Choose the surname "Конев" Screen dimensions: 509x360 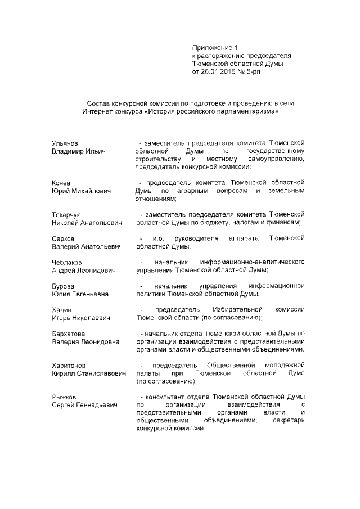(x=61, y=183)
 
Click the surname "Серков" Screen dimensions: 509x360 (x=62, y=238)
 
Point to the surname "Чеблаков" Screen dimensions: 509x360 (x=66, y=262)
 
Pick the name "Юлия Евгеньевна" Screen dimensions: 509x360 (x=80, y=294)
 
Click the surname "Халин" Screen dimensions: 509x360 (x=61, y=310)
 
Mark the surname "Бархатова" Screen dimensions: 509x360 (x=68, y=334)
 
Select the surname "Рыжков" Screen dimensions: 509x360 (x=64, y=397)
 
